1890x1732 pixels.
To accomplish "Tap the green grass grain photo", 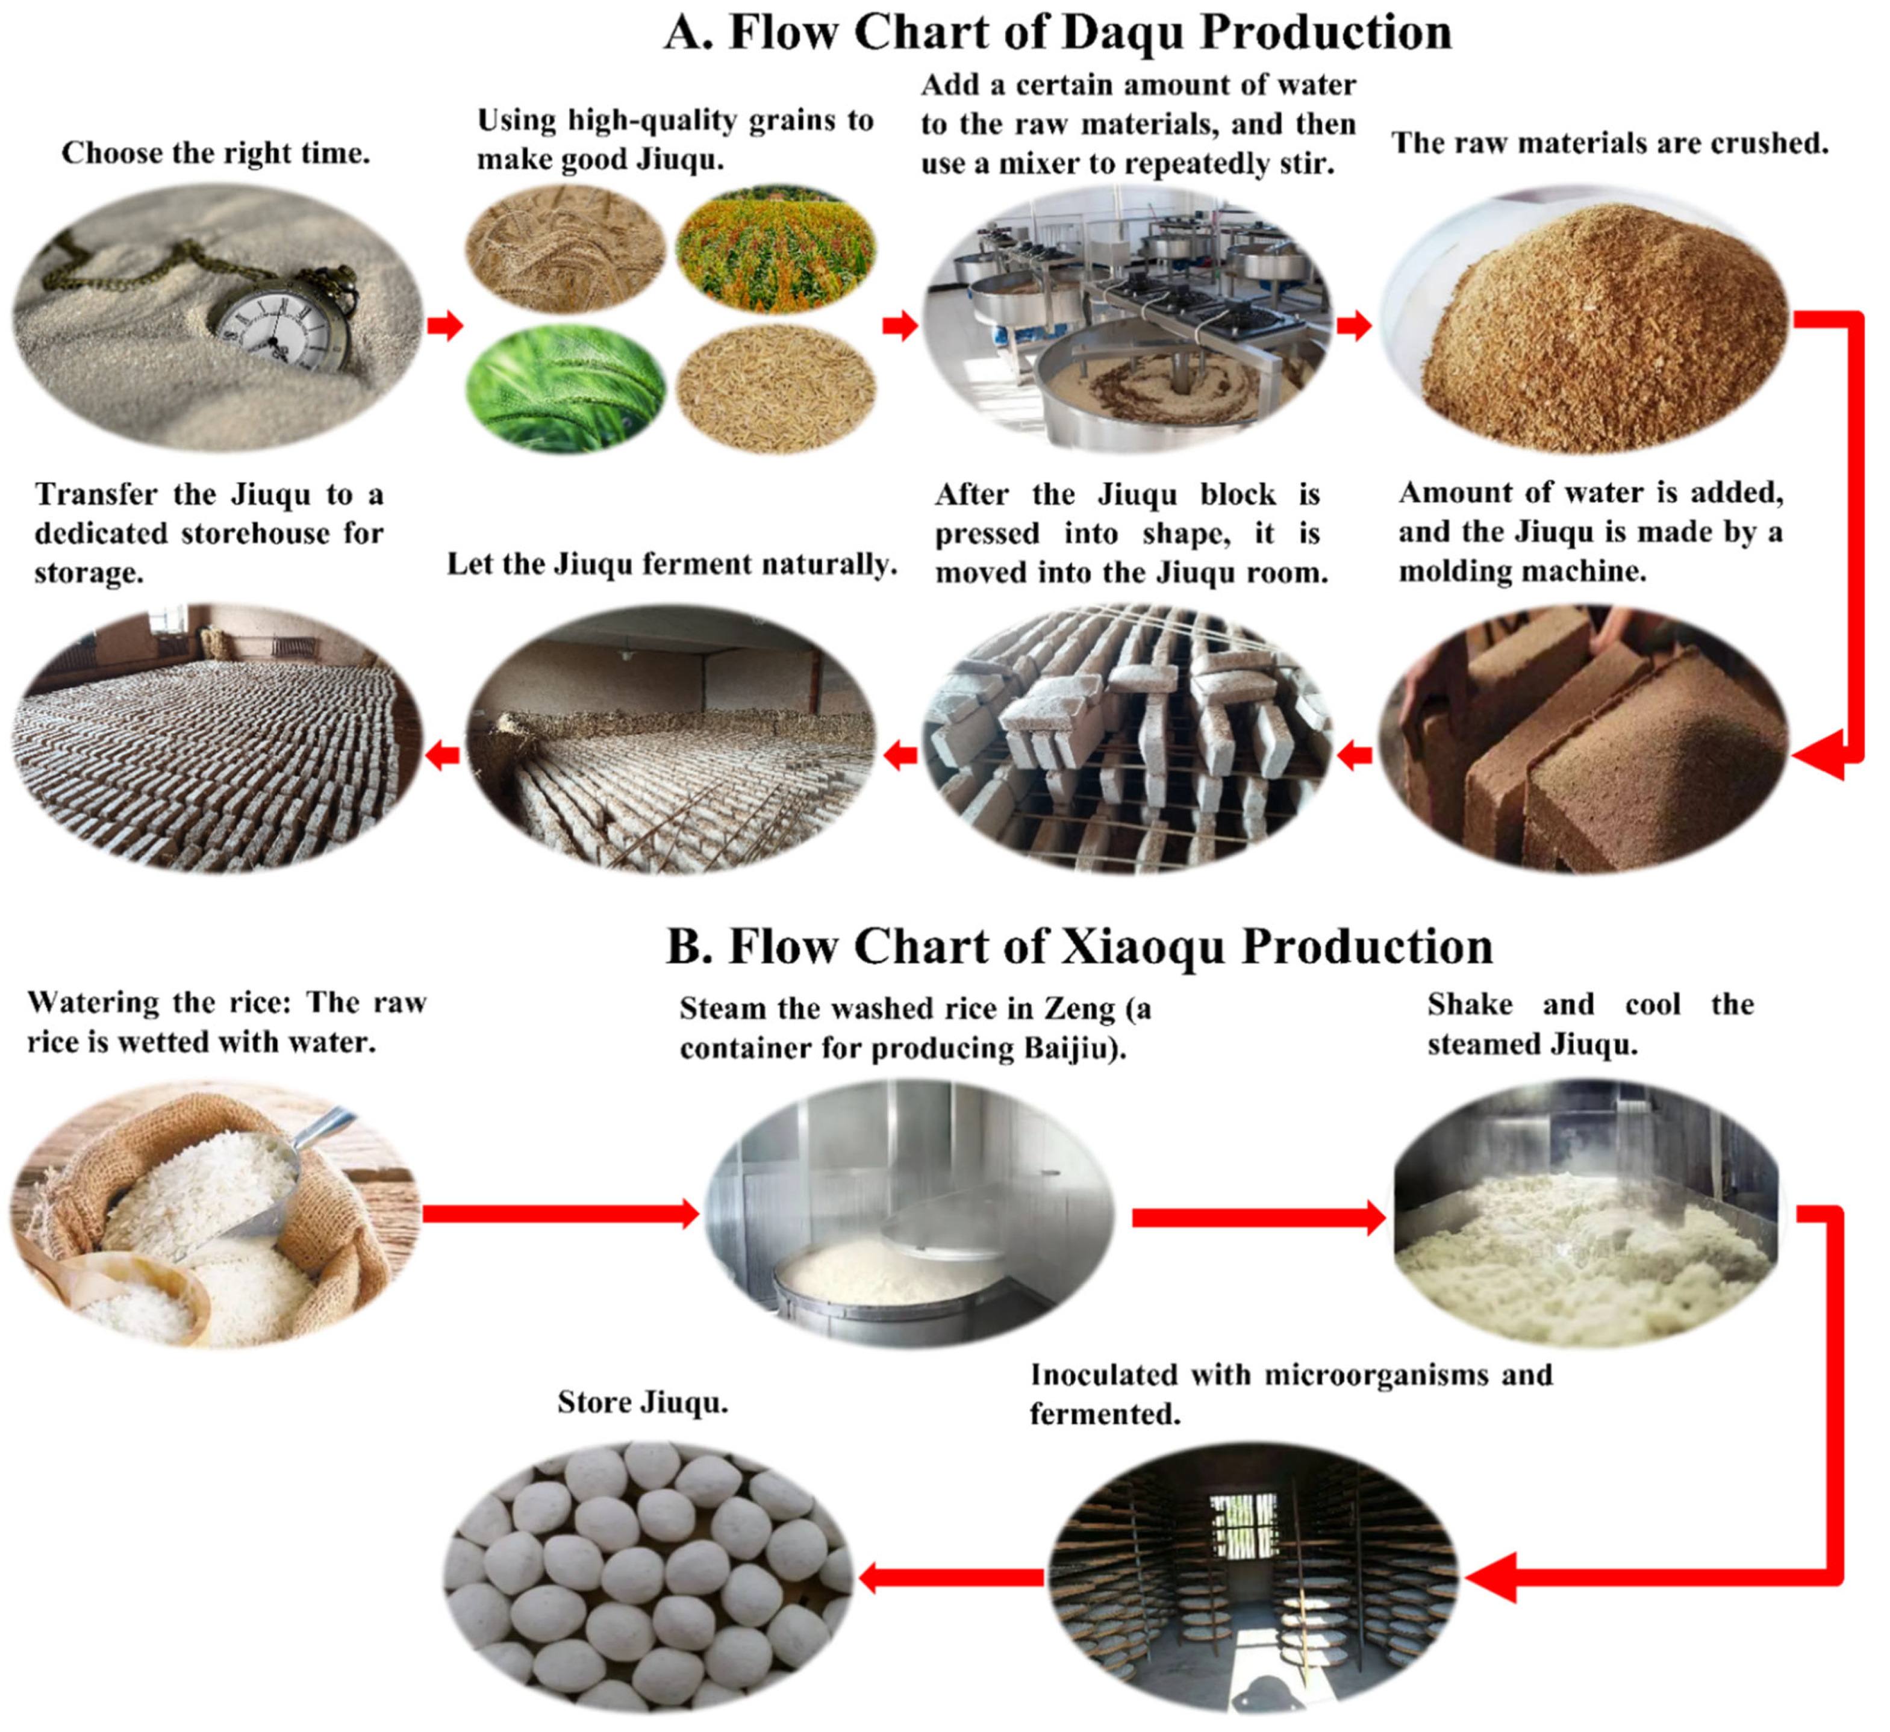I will point(566,390).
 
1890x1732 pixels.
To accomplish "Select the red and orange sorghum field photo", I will point(776,248).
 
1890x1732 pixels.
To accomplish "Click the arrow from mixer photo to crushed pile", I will point(1354,326).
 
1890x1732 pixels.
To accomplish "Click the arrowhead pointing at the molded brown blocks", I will point(1823,755).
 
